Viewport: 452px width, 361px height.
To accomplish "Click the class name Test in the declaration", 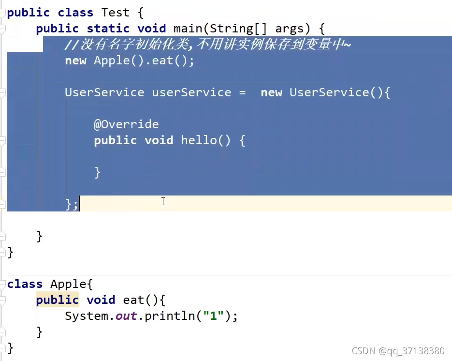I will [x=116, y=13].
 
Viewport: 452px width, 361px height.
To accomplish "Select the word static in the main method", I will [x=108, y=29].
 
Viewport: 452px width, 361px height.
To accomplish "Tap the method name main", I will [x=188, y=29].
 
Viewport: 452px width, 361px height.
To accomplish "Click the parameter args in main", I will [x=292, y=29].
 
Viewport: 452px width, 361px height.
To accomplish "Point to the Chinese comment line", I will [x=208, y=45].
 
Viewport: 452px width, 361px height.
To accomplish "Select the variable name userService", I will [x=191, y=92].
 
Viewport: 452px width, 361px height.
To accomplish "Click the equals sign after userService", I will [x=242, y=92].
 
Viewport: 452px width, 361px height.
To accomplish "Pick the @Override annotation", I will [x=126, y=124].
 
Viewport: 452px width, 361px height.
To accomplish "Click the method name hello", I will [x=199, y=140].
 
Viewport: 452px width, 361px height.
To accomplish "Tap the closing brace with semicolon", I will [x=72, y=204].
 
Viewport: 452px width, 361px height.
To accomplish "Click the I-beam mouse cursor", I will [x=163, y=201].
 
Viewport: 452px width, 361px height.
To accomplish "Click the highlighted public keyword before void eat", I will [x=57, y=300].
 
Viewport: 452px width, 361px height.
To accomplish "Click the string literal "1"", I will [x=213, y=316].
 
